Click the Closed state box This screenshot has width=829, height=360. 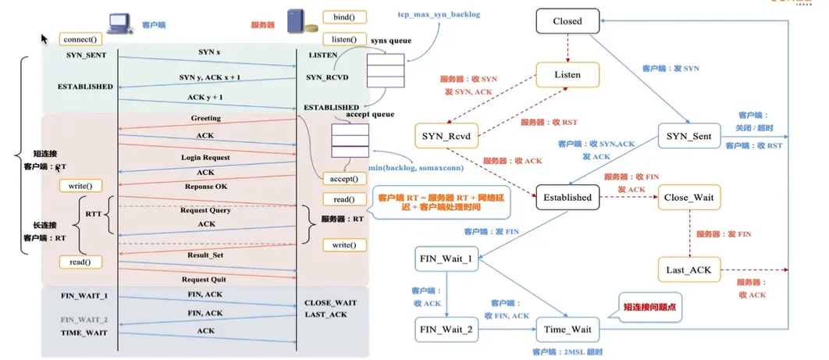pyautogui.click(x=567, y=21)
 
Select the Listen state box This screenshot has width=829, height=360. pyautogui.click(x=568, y=75)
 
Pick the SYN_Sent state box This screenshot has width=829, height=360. pyautogui.click(x=688, y=137)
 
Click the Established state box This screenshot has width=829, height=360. pyautogui.click(x=567, y=198)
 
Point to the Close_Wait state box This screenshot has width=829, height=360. pyautogui.click(x=688, y=198)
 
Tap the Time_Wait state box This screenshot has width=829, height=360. pyautogui.click(x=568, y=329)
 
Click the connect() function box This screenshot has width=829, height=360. pyautogui.click(x=80, y=38)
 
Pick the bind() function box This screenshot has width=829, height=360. pyautogui.click(x=344, y=17)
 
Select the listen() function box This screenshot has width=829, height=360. pyautogui.click(x=344, y=39)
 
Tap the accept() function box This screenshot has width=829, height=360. pyautogui.click(x=344, y=178)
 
